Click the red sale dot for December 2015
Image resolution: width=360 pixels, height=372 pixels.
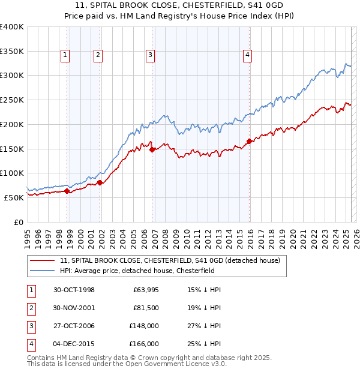tap(249, 142)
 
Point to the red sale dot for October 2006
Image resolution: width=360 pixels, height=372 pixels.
tap(152, 150)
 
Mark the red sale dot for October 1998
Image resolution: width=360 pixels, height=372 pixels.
tap(67, 191)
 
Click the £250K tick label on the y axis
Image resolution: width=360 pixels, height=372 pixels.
tap(12, 100)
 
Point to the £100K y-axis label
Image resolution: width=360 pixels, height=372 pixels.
tap(12, 173)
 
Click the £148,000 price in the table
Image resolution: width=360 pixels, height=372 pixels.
tap(144, 326)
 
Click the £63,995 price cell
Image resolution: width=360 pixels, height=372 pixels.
tap(146, 290)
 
